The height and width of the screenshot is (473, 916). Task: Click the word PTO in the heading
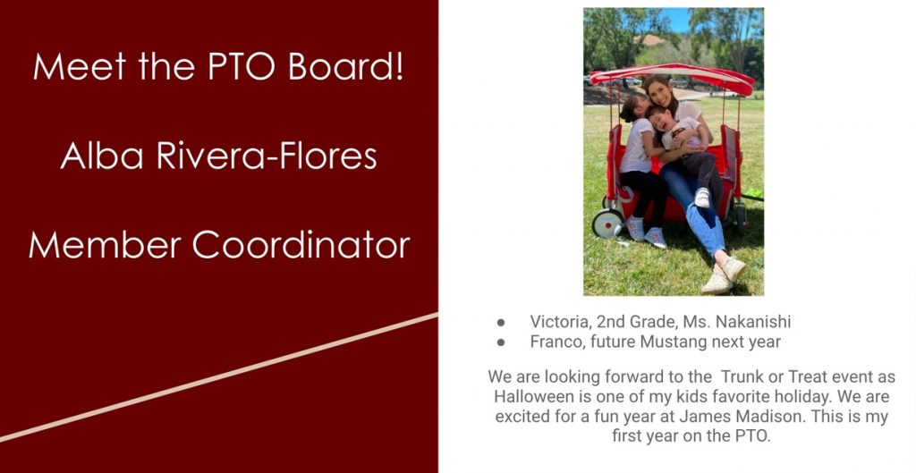(x=242, y=66)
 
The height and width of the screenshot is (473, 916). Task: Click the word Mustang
(x=673, y=342)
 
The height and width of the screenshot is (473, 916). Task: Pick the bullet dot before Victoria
(x=501, y=323)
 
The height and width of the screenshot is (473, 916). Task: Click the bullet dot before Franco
(x=501, y=342)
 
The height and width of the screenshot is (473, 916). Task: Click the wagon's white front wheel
(x=607, y=223)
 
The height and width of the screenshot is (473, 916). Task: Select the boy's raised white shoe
(x=703, y=198)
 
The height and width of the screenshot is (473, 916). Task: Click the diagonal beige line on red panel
(x=218, y=377)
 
